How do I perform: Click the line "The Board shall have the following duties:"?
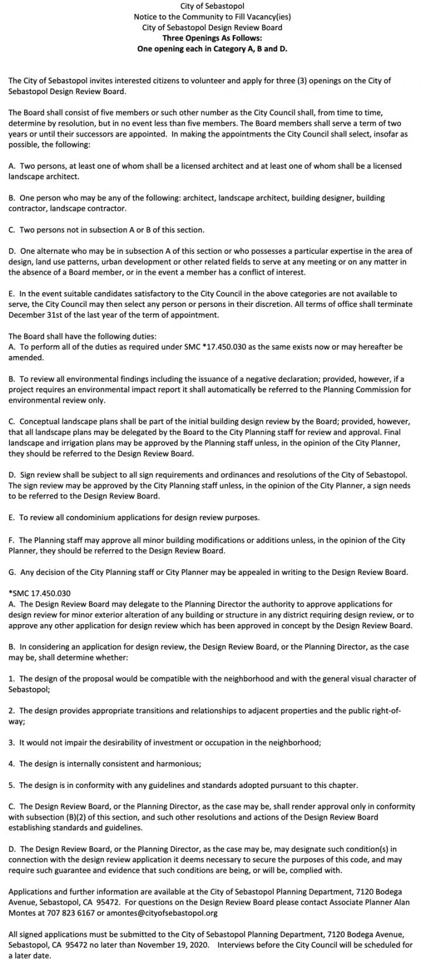[x=82, y=336]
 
